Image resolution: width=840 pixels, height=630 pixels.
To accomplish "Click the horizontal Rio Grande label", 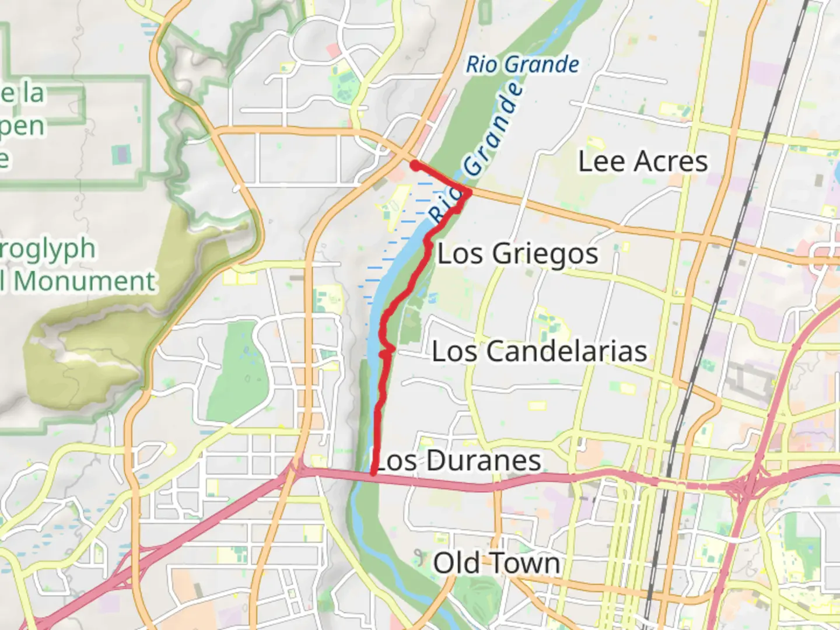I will pyautogui.click(x=522, y=65).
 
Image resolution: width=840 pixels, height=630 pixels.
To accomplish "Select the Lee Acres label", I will pyautogui.click(x=642, y=161).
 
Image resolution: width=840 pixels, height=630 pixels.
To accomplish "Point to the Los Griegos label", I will pyautogui.click(x=517, y=254).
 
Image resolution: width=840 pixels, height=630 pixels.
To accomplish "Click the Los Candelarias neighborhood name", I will pyautogui.click(x=539, y=351).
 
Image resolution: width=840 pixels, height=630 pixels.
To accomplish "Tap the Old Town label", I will pyautogui.click(x=496, y=563).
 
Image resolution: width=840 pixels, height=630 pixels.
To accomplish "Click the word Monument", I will pyautogui.click(x=85, y=281).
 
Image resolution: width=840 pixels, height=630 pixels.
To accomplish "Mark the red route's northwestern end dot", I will pyautogui.click(x=415, y=166).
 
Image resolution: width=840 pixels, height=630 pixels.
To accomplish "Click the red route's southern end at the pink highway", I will pyautogui.click(x=373, y=473).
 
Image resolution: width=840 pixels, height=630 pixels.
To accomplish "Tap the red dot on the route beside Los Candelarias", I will pyautogui.click(x=384, y=353).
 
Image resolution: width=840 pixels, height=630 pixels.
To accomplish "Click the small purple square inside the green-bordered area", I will pyautogui.click(x=121, y=155).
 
